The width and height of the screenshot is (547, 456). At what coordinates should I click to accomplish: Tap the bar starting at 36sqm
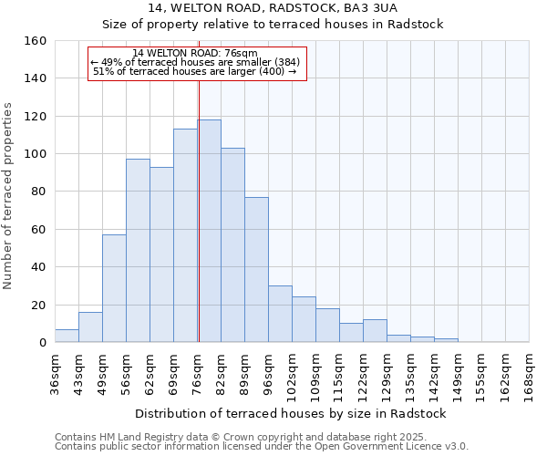pyautogui.click(x=67, y=336)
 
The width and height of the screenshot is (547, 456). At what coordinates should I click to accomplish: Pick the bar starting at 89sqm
pyautogui.click(x=256, y=270)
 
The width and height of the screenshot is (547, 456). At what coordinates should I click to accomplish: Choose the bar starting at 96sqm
pyautogui.click(x=280, y=314)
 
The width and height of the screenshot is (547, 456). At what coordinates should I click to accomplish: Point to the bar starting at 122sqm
pyautogui.click(x=375, y=331)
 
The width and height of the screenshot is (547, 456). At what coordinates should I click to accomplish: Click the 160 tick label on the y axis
pyautogui.click(x=36, y=41)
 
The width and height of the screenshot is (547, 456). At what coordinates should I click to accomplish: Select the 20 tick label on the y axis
pyautogui.click(x=39, y=305)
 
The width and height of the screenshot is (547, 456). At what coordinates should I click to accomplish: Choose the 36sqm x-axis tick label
pyautogui.click(x=56, y=374)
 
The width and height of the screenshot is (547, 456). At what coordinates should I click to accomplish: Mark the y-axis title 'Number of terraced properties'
pyautogui.click(x=9, y=196)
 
